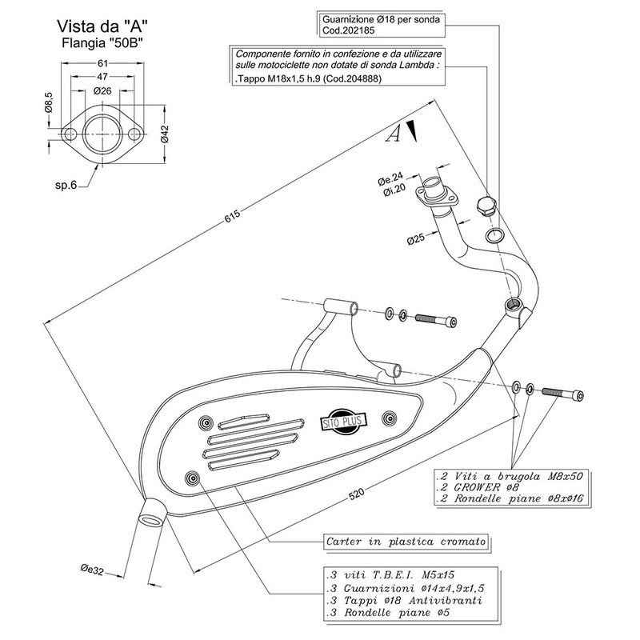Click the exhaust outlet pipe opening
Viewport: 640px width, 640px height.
[x=150, y=513]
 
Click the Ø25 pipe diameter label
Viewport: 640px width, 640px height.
[x=415, y=238]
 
